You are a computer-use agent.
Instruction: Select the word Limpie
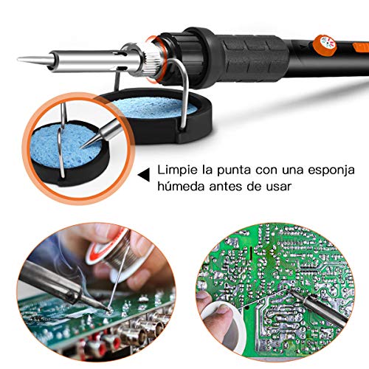point(176,170)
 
